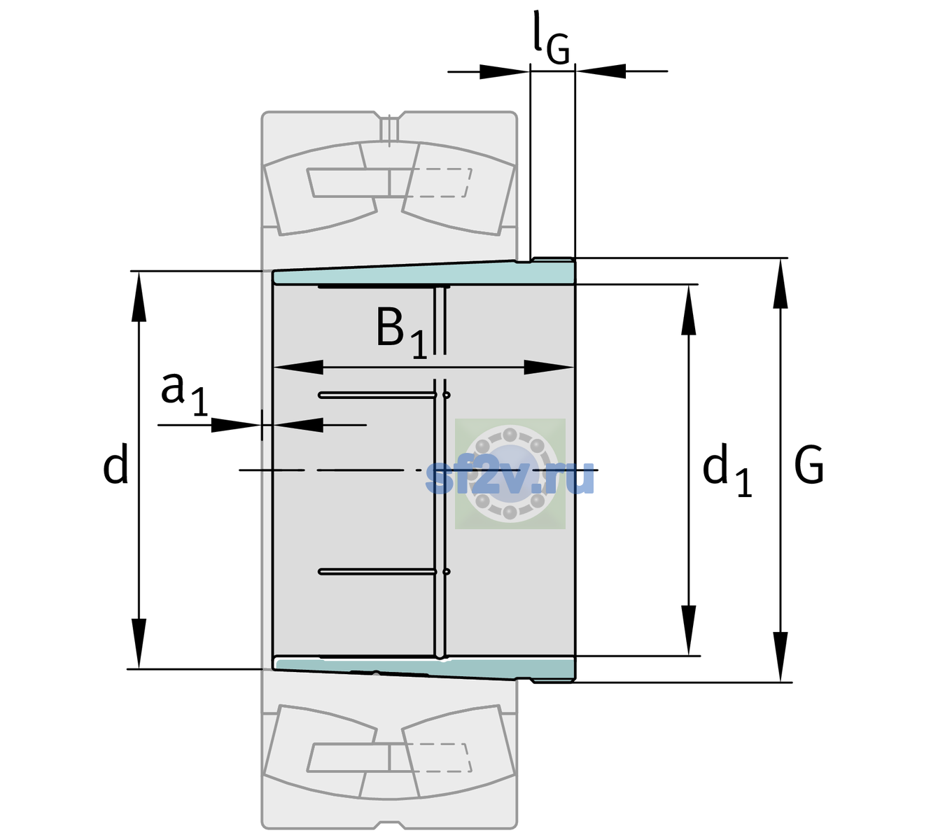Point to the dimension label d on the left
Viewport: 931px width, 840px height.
115,463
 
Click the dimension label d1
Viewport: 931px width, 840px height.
727,469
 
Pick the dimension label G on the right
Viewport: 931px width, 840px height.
809,465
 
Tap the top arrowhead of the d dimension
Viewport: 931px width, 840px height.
139,296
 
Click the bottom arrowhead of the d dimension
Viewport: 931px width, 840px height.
139,644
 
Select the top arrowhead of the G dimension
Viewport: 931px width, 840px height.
780,283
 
